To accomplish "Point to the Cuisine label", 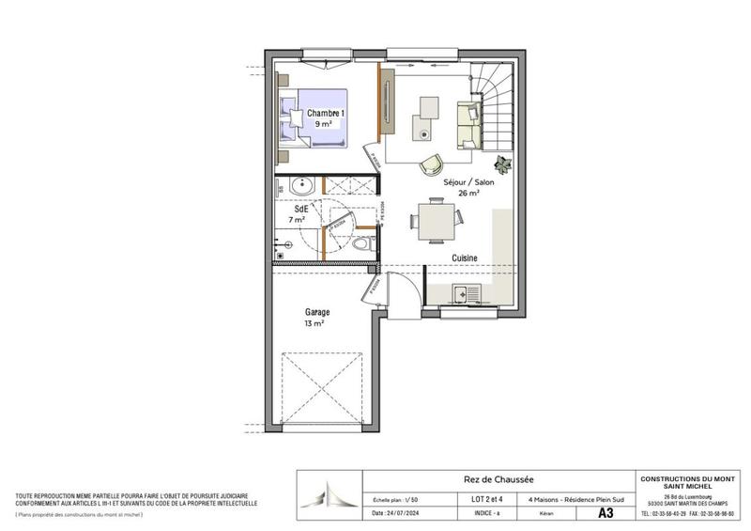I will pos(465,258).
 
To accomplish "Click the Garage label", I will pos(315,311).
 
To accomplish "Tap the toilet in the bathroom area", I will pos(364,242).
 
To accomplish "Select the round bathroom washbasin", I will pos(302,186).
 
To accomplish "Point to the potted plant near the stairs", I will pos(504,162).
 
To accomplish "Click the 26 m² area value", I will pos(468,193).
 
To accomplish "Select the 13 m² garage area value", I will pos(314,323).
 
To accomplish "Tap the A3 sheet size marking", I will pos(607,514).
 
